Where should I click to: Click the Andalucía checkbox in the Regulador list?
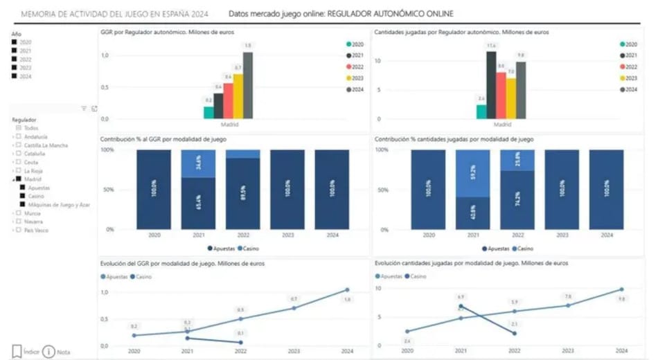pyautogui.click(x=19, y=136)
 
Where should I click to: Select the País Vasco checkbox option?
pyautogui.click(x=19, y=230)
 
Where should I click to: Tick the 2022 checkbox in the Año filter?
pyautogui.click(x=15, y=59)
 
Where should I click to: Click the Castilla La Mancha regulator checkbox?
pyautogui.click(x=19, y=145)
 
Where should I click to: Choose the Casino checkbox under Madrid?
pyautogui.click(x=23, y=196)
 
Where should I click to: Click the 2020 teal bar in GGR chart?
pyautogui.click(x=208, y=112)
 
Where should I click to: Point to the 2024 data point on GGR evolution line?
pyautogui.click(x=347, y=290)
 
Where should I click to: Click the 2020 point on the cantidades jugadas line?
pyautogui.click(x=407, y=331)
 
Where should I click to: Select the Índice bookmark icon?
pyautogui.click(x=17, y=351)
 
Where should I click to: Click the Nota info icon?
pyautogui.click(x=48, y=351)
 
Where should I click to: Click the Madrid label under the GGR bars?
pyautogui.click(x=229, y=125)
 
